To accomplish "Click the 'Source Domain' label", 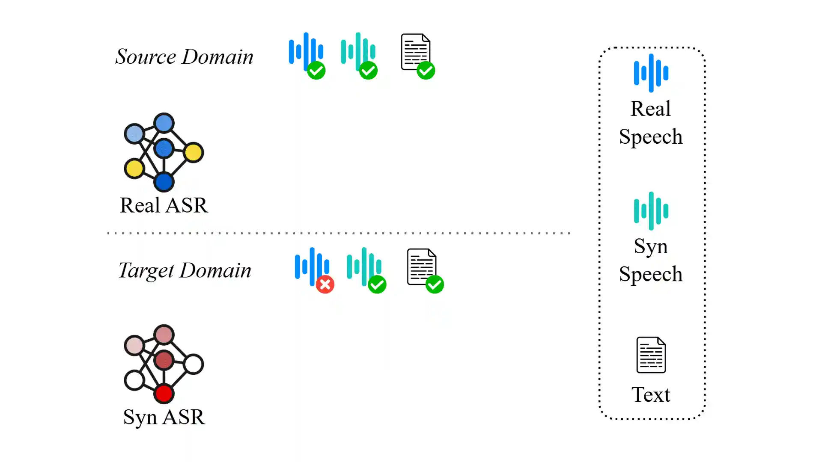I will [184, 56].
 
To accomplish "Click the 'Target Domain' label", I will [185, 270].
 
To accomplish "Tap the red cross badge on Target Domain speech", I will [325, 284].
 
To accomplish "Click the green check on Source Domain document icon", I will [426, 71].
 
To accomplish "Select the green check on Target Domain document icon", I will [435, 284].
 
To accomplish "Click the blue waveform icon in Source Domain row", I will [306, 51].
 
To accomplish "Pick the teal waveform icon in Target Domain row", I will [363, 266].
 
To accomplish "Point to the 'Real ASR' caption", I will [164, 205].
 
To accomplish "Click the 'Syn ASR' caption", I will [164, 417].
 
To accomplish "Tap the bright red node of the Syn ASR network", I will [164, 394].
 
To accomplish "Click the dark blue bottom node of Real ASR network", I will [164, 182].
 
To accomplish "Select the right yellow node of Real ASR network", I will [193, 152].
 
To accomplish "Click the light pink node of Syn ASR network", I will [134, 345].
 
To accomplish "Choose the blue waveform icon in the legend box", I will [651, 73].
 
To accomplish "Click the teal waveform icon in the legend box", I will [651, 211].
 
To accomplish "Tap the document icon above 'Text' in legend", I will [651, 355].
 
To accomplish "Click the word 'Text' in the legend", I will [651, 394].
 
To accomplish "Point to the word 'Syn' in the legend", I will [651, 246].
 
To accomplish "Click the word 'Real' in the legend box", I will [651, 109].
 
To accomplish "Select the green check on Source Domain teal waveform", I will [368, 71].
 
